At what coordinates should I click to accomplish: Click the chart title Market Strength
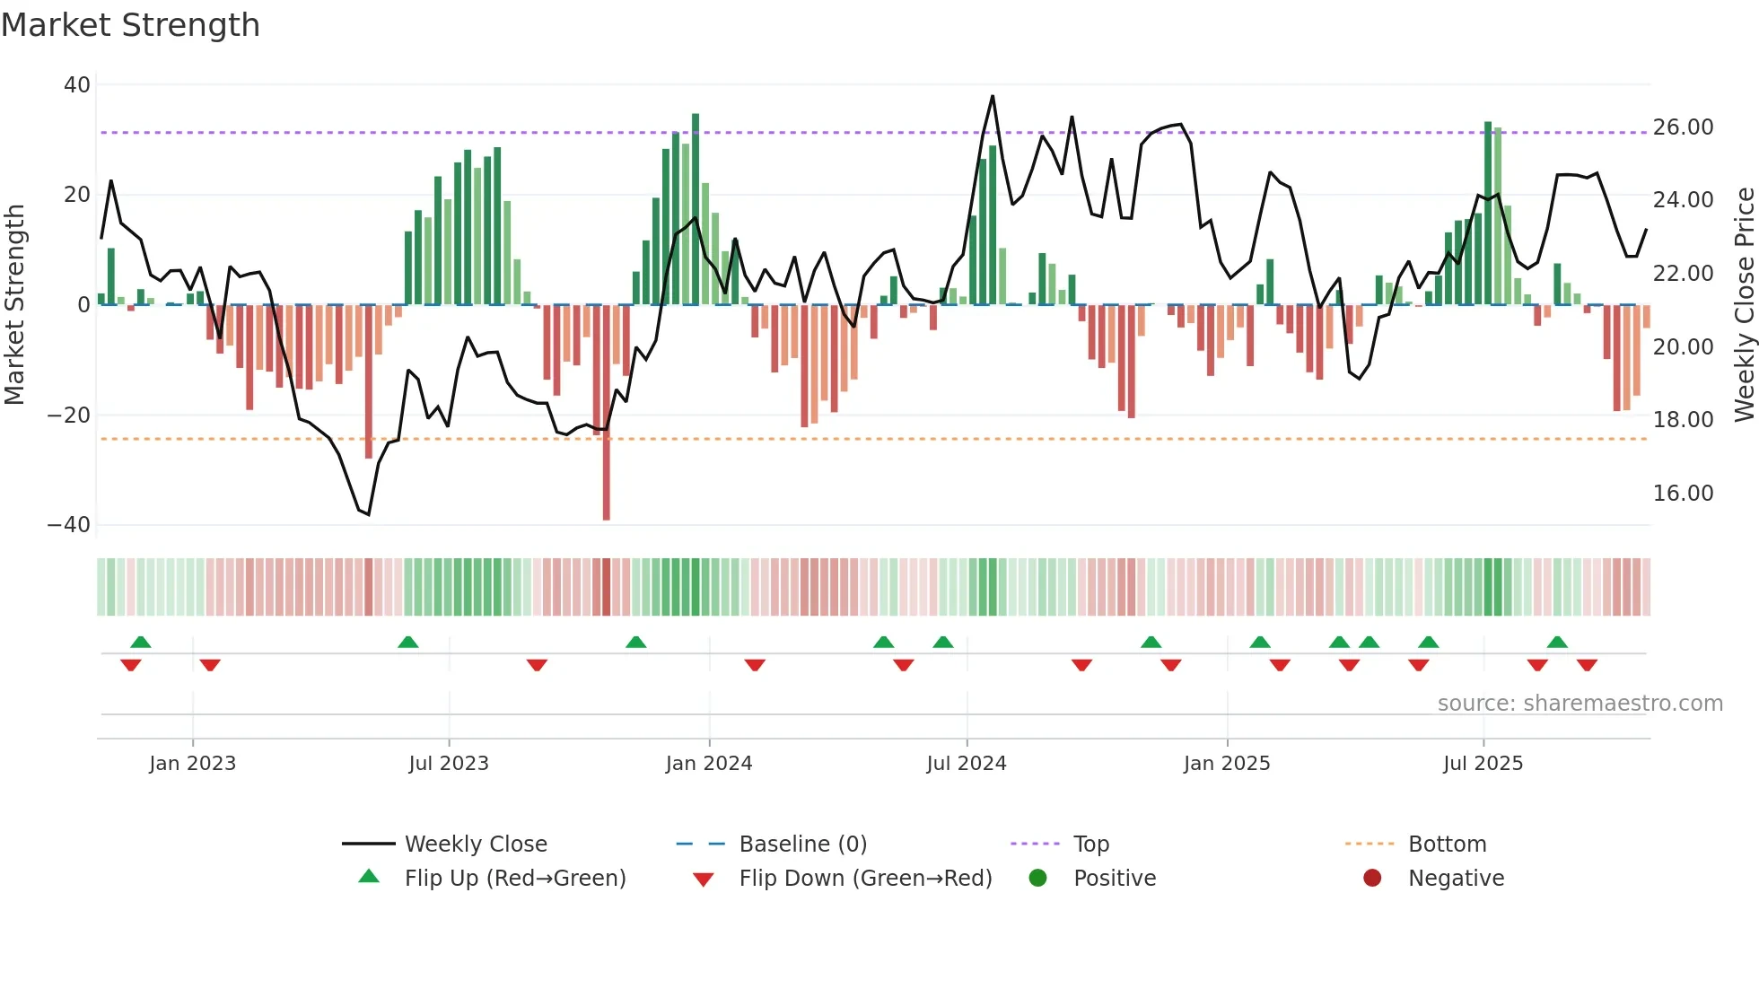130,25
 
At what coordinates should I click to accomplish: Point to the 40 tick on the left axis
77,85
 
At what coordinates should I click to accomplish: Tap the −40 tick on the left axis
69,525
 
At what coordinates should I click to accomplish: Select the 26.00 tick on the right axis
1683,127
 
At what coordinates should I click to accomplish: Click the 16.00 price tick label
1683,494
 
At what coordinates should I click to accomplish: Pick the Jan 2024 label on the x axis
708,764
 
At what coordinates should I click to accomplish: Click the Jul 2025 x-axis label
1483,764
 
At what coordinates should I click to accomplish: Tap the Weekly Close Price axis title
1744,305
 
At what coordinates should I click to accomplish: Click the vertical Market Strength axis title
14,305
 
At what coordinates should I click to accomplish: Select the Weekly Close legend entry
475,845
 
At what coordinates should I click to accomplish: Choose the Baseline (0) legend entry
802,845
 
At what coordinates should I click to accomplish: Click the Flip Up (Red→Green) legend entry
514,879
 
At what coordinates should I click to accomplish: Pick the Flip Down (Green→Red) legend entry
864,879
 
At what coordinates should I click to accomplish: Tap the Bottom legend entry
1447,845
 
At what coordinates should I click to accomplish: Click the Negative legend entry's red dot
1372,879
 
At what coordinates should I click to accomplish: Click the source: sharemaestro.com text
1580,704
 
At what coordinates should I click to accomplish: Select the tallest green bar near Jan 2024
696,209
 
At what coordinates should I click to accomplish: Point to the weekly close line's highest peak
993,96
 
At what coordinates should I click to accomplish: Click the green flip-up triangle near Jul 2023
407,643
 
